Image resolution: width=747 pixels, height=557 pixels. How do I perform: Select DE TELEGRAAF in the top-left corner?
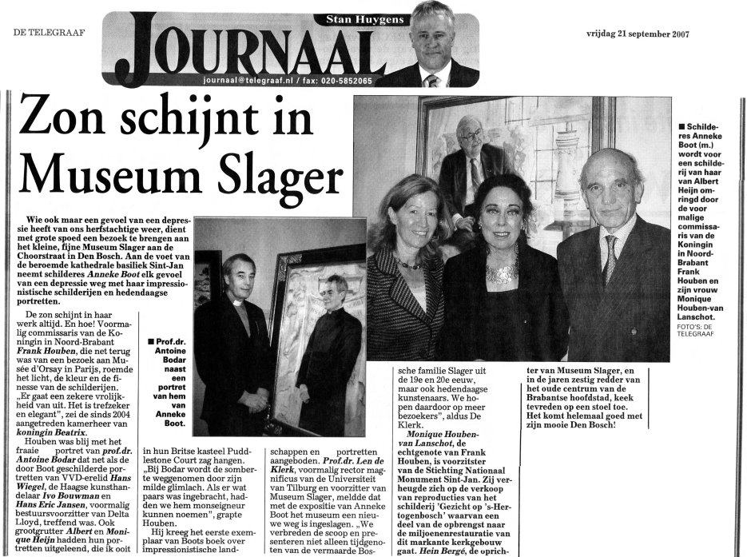coord(46,32)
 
